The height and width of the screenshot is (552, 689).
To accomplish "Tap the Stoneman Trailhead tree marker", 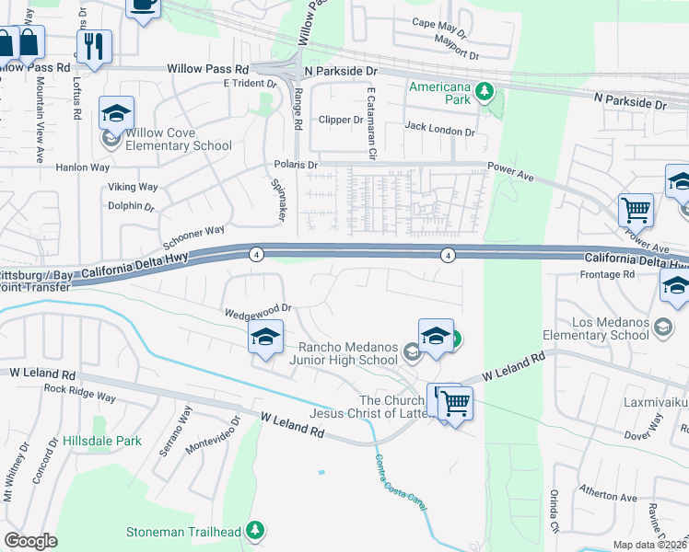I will [255, 531].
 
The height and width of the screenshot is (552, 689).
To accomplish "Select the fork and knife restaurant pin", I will [94, 47].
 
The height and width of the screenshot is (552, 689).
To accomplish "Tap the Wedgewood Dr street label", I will [258, 311].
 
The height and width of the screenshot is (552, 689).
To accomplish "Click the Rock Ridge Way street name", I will [80, 392].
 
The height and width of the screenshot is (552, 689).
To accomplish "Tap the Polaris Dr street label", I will [296, 165].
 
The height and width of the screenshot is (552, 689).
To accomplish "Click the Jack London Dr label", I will [439, 132].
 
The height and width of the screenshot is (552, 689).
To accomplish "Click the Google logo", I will [31, 541].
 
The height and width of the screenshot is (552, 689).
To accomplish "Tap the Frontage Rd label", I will [607, 274].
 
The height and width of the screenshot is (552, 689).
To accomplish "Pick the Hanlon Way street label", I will [83, 167].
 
